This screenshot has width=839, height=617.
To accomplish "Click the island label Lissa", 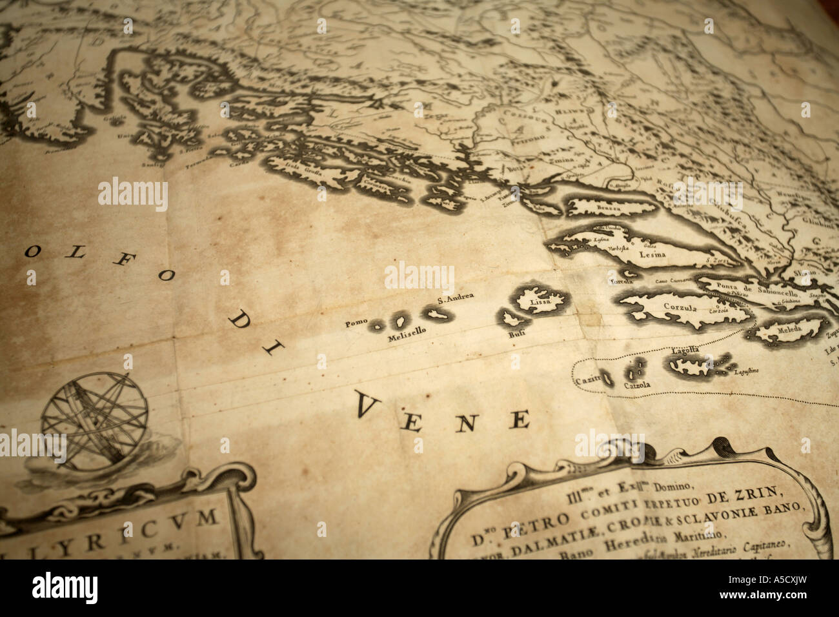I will coord(538,301).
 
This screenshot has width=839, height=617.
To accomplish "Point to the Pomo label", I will coord(356,323).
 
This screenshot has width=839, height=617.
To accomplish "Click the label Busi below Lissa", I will coord(516,335).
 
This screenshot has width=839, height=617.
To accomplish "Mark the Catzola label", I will coord(637,385).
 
